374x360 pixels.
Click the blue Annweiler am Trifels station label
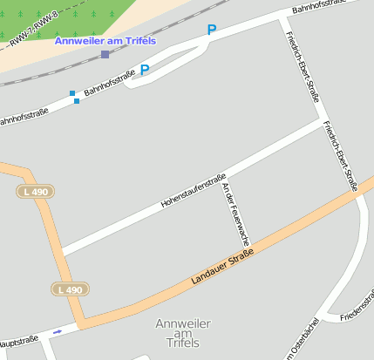[105, 41]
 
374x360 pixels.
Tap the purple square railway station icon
[105, 55]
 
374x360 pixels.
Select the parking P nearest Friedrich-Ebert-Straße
[211, 31]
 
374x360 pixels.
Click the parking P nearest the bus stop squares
[145, 70]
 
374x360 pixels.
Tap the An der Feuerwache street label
[235, 213]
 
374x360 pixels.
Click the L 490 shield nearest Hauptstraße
[69, 289]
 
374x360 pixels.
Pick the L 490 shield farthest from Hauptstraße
[36, 191]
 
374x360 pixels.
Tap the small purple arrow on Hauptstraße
[58, 332]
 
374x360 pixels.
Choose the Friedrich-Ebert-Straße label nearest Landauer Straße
[340, 155]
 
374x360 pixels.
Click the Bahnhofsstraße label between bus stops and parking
[110, 86]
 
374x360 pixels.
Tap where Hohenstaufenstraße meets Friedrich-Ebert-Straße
[323, 121]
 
